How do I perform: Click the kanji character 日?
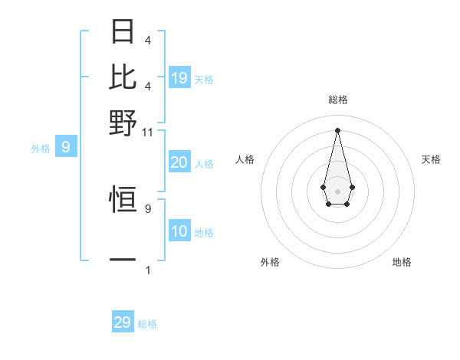[123, 31]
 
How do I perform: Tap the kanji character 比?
[123, 77]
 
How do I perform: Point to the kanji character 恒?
[123, 201]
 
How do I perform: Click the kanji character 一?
[123, 260]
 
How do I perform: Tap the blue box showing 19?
[179, 77]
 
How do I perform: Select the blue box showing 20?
[179, 162]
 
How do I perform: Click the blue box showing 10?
[179, 231]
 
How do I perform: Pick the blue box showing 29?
[123, 322]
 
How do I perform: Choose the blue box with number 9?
[66, 147]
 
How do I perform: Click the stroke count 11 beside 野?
[148, 132]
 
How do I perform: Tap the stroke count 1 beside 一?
[148, 270]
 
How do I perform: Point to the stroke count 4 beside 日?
[148, 40]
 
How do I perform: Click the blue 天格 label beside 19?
[204, 79]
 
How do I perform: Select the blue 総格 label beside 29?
[147, 324]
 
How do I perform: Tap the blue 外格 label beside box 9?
[41, 149]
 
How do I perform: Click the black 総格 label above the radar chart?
[337, 100]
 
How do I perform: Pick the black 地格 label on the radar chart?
[402, 262]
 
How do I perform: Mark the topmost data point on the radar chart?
[337, 130]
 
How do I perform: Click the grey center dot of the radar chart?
[337, 191]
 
